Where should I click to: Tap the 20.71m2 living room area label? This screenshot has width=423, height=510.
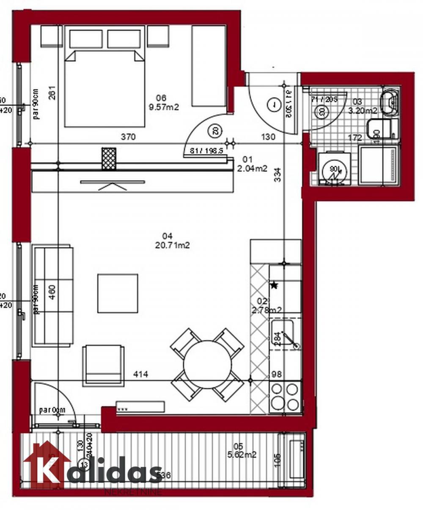tap(171, 245)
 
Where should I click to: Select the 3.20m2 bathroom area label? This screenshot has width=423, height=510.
tap(363, 110)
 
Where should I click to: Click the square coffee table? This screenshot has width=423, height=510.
tap(118, 293)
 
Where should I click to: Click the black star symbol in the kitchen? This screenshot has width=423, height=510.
tap(274, 285)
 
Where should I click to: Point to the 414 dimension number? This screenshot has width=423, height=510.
tap(140, 374)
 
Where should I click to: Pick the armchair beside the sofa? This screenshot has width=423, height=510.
tap(103, 365)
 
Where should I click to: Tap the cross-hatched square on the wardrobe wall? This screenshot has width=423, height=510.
tap(109, 159)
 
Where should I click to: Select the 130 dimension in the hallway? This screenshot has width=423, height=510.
tap(268, 137)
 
